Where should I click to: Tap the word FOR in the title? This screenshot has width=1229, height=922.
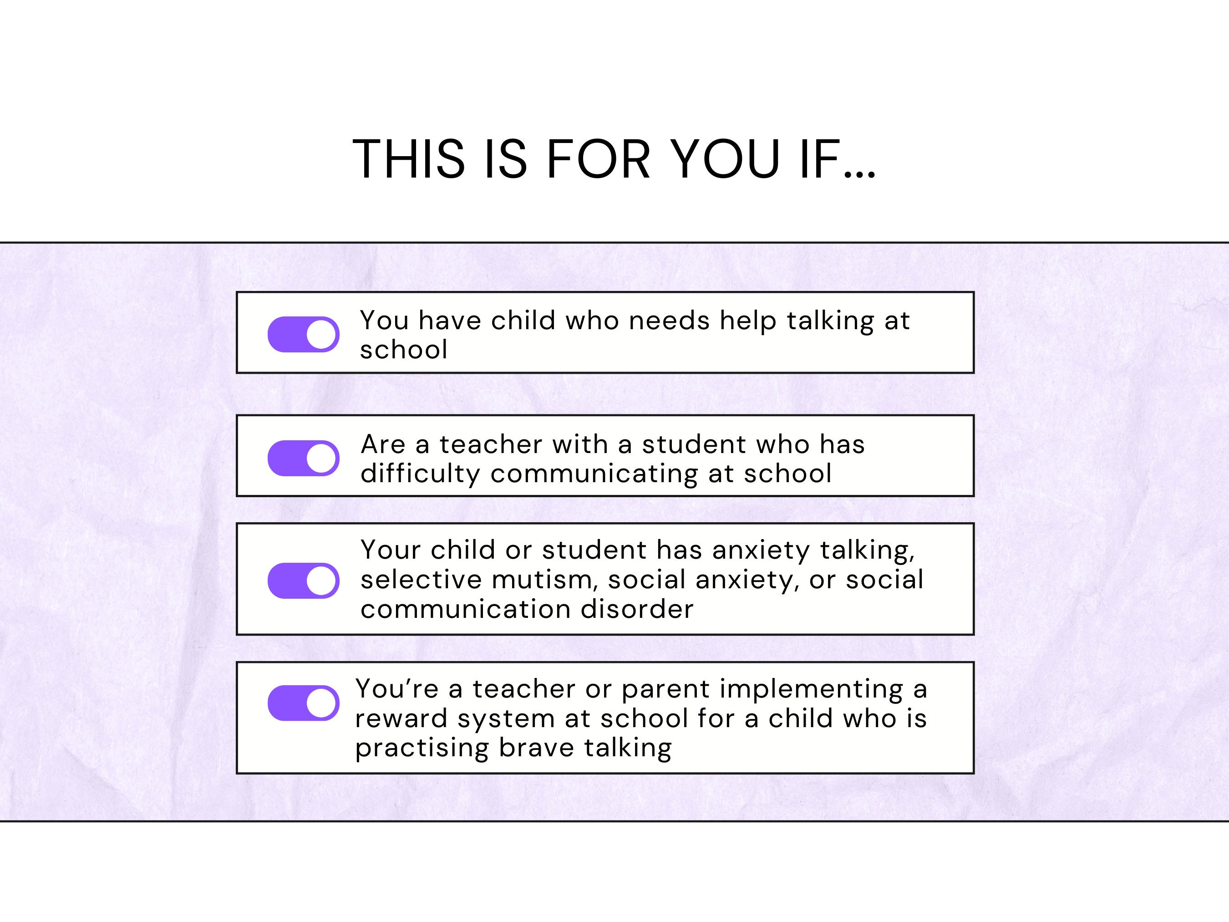[x=598, y=159]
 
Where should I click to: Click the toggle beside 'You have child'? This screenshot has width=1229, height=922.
[x=303, y=335]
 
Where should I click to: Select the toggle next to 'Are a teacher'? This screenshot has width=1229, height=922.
[x=303, y=458]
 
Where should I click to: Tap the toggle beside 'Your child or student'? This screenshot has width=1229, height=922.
[x=303, y=581]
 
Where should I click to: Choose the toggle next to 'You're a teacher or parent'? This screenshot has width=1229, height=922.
[x=303, y=703]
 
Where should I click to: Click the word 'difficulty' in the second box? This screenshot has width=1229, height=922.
[x=420, y=474]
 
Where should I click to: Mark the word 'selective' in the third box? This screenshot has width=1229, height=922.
[x=421, y=580]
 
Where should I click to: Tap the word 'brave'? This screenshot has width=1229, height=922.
[x=537, y=748]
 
